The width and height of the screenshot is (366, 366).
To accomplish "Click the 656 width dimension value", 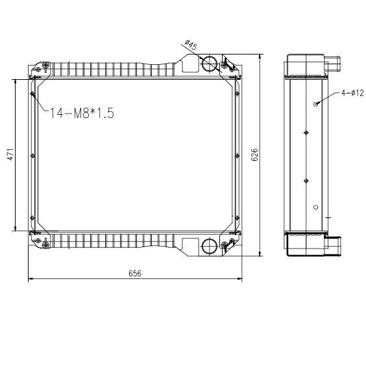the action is tap(135, 273).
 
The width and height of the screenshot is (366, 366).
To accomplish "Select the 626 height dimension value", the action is tap(254, 154).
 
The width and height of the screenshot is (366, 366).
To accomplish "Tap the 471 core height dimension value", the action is tap(10, 154).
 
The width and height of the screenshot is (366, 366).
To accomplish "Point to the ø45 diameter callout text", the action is tap(191, 45).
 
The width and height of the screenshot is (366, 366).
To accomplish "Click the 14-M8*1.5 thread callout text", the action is tap(82, 113).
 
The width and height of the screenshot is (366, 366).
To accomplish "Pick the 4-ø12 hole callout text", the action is tap(352, 93).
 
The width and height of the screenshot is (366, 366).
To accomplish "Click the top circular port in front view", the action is tap(210, 63).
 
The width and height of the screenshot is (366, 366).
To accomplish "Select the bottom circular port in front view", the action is tap(210, 246).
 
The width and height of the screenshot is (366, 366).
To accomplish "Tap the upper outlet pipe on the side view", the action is tap(333, 63).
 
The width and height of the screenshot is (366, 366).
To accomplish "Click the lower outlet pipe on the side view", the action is tap(334, 246).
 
